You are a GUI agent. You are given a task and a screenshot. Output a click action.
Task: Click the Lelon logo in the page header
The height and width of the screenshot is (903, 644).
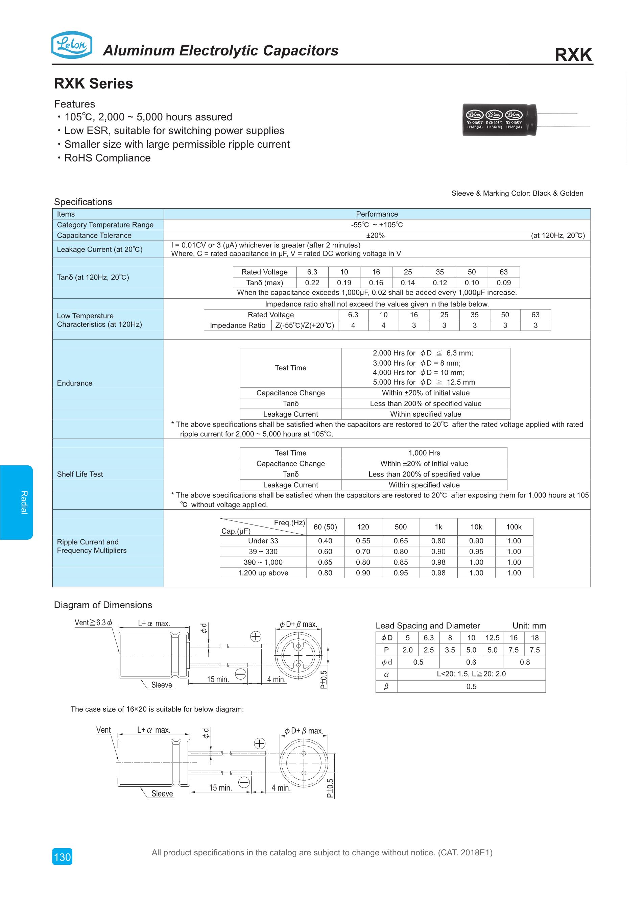pos(72,45)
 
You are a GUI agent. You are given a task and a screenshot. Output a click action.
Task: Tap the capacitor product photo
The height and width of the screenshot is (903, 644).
pos(500,120)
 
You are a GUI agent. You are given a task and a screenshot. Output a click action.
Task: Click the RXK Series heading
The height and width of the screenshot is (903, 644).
pos(94,83)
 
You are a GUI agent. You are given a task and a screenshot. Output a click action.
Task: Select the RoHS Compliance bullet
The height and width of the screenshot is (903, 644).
pos(107,158)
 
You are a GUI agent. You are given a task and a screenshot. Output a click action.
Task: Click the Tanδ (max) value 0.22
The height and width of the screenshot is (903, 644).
pos(312,283)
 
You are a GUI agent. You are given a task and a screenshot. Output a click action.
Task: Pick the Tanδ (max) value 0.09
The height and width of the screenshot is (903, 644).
pos(504,283)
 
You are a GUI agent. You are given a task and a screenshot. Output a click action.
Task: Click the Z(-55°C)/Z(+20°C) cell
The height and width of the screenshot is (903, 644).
pos(305,325)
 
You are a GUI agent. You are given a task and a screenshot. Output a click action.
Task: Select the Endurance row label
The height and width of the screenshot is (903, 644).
pos(75,383)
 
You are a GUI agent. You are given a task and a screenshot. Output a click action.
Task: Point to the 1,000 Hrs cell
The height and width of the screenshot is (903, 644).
pos(424,453)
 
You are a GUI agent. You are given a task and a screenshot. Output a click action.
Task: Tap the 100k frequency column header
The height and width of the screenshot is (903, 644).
pos(514,527)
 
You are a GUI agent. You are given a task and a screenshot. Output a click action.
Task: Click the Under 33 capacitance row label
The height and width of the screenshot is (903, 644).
pos(263,541)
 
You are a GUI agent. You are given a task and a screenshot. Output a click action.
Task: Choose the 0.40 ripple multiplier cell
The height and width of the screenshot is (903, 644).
pos(325,541)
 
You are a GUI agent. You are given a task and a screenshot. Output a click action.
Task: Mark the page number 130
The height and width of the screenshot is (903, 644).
pos(62,857)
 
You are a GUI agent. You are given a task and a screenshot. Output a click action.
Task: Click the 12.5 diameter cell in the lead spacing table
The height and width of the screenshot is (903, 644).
pos(492,638)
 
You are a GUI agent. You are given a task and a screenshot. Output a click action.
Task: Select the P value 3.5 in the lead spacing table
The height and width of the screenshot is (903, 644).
pos(450,650)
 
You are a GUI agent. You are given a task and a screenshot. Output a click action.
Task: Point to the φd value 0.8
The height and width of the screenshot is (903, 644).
pos(524,662)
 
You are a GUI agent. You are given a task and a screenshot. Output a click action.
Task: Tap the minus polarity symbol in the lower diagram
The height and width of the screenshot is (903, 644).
pos(244,782)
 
